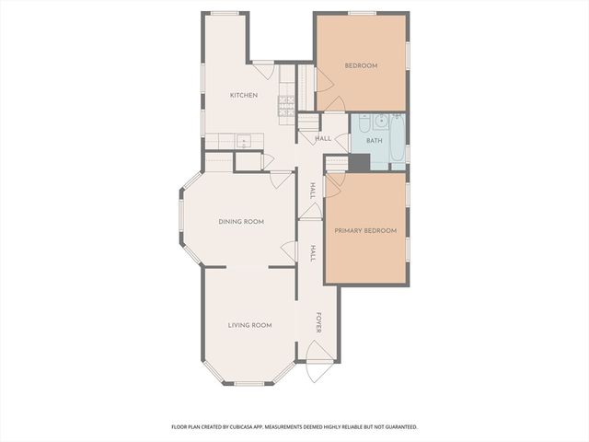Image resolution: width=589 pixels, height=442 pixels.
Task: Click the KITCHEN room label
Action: (243, 96)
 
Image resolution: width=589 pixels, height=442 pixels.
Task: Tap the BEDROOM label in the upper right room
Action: (361, 65)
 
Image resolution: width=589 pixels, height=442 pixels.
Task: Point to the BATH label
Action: (374, 141)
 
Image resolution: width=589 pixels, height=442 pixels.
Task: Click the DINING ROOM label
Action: (241, 221)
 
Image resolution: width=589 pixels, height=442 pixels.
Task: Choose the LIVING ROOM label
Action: (249, 325)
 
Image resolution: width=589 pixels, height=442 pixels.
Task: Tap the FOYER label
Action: (319, 323)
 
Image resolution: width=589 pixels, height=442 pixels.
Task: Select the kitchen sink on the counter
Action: (244, 141)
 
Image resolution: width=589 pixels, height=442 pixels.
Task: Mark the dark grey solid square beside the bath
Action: (359, 162)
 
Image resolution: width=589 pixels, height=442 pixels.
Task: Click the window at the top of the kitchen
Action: (225, 13)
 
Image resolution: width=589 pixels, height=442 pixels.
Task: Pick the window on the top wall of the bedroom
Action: (361, 13)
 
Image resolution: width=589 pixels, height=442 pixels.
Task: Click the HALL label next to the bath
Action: (323, 139)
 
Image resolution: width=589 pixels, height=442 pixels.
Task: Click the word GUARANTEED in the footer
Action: (398, 427)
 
